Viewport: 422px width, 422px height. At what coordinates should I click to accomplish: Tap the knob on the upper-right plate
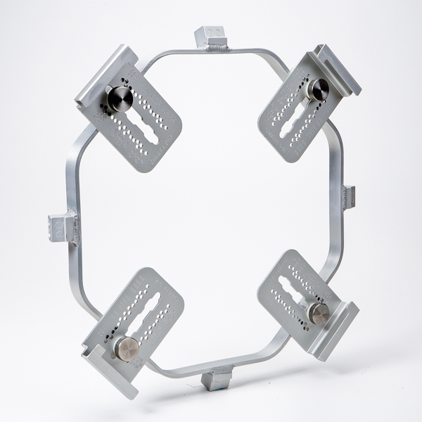tap(319, 89)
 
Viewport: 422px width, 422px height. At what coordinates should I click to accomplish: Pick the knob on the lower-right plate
tap(320, 313)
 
